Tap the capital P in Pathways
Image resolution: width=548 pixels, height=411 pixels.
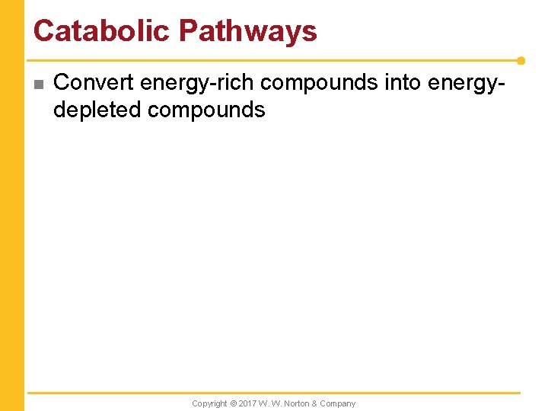tap(188, 30)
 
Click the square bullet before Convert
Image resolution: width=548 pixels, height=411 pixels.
tap(39, 84)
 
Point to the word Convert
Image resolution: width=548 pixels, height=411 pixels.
tap(94, 82)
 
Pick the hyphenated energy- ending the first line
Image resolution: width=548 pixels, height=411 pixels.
tap(467, 82)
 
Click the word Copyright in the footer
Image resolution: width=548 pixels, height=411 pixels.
tap(209, 403)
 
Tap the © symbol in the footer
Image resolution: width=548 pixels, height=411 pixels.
tap(234, 403)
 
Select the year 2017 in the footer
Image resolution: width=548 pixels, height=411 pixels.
tap(247, 403)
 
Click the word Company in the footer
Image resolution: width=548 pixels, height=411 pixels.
tap(337, 403)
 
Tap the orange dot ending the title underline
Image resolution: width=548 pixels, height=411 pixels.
tap(521, 60)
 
